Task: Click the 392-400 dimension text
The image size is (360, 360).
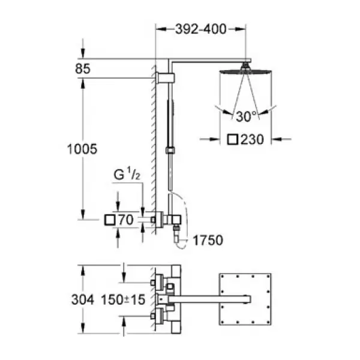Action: (200, 29)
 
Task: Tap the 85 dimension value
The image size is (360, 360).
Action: (83, 68)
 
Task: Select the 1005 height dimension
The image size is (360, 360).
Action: (82, 149)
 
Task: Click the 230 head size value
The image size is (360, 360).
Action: (252, 139)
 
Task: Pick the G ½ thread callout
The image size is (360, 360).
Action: (127, 174)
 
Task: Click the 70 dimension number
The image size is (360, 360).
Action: (125, 220)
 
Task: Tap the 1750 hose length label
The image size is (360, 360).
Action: (208, 241)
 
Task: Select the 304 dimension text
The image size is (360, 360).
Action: (83, 299)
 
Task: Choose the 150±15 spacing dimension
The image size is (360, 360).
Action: (123, 299)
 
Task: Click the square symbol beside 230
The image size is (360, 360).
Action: (233, 140)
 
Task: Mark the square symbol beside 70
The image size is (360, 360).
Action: (110, 220)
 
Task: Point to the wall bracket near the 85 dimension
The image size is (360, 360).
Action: (165, 78)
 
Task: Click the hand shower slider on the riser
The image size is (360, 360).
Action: (170, 151)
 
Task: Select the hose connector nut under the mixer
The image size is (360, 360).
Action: (176, 227)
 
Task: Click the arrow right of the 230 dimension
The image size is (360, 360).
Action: (281, 139)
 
